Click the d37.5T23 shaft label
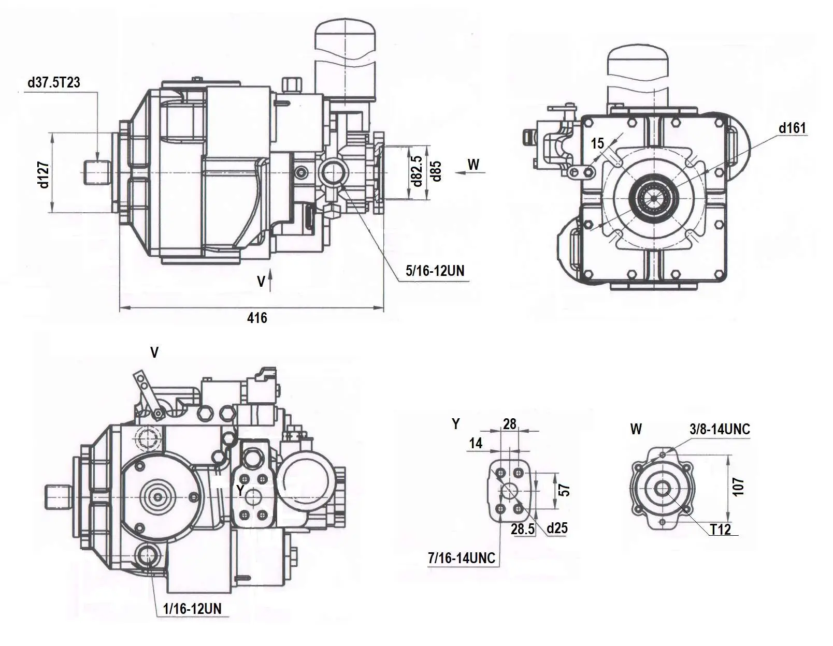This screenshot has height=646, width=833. coord(54,82)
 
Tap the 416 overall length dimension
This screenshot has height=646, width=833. coord(257,318)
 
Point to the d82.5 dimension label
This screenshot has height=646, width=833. coord(416,171)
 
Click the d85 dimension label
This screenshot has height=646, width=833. coord(436,171)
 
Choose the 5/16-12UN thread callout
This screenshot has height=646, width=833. coord(435,270)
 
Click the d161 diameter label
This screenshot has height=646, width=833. coord(792,128)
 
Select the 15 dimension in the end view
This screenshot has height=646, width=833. coord(597,143)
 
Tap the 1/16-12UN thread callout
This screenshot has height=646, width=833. coord(192,609)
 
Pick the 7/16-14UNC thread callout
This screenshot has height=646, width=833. coord(462,558)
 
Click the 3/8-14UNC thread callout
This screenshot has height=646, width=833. coord(720,429)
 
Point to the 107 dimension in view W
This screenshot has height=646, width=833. coord(739,487)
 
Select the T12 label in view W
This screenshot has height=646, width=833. coord(720,530)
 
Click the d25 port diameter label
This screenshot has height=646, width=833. coord(557,528)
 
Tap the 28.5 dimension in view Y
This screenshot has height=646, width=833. coord(522,529)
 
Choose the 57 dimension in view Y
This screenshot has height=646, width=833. coord(565,490)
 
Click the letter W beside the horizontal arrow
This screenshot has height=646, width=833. coord(473,165)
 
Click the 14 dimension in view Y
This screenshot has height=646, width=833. coord(476,443)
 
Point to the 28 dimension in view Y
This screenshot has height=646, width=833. coord(510,424)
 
